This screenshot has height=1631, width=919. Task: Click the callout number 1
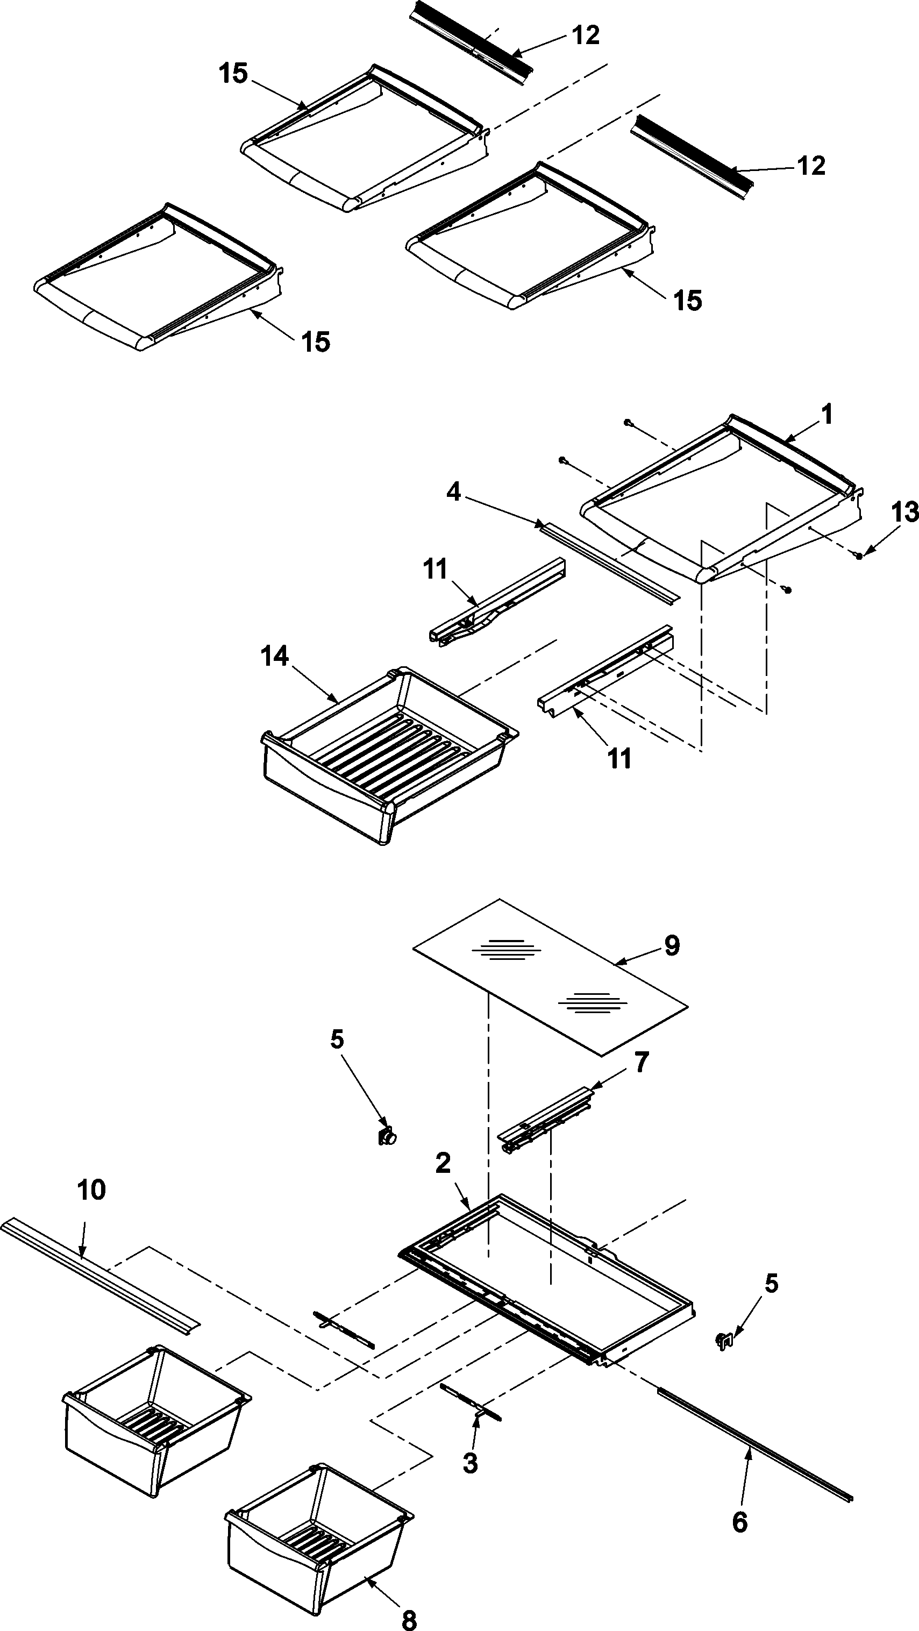(826, 415)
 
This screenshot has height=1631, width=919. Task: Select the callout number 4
(453, 492)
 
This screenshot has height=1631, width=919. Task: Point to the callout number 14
(275, 657)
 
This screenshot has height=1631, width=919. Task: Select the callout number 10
(91, 1191)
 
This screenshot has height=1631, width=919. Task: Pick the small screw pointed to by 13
(859, 555)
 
